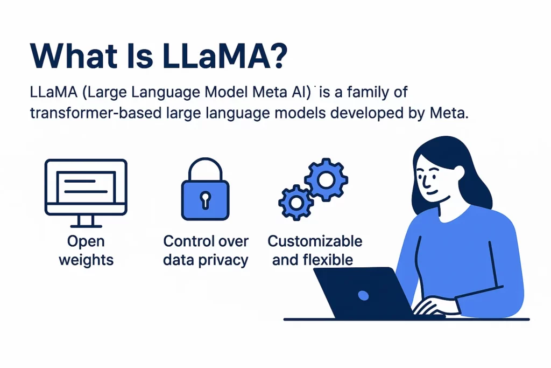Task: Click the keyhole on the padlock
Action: coord(205,200)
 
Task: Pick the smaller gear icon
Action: coord(295,202)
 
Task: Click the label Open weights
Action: coord(86,251)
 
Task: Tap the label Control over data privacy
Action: coord(206,251)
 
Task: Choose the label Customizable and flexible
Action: coord(315,251)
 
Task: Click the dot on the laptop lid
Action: coord(363,295)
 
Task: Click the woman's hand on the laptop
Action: coord(430,307)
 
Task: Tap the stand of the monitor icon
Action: coord(86,220)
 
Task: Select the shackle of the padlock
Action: coord(205,168)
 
